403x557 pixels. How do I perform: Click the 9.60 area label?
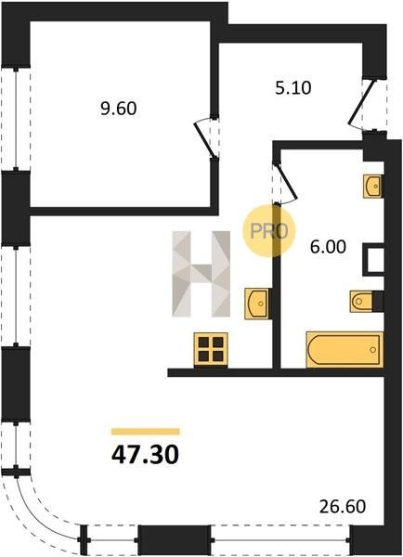(118, 109)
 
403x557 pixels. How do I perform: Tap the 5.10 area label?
(293, 88)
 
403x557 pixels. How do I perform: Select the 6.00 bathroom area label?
(328, 247)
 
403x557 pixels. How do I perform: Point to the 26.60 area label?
(343, 507)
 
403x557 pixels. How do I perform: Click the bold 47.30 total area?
(145, 456)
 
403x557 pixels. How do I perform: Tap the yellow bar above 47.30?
(146, 432)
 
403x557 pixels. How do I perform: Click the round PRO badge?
(269, 231)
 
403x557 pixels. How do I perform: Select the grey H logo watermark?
(201, 274)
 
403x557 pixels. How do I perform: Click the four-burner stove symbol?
(211, 350)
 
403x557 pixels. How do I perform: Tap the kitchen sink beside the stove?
(257, 303)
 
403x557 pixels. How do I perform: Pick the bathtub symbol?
(344, 350)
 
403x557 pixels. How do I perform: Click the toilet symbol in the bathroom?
(361, 302)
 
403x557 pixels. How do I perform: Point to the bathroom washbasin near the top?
(372, 186)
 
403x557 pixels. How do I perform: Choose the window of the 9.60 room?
(16, 118)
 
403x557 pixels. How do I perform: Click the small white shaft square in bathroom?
(374, 260)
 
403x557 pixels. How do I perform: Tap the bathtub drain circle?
(372, 350)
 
